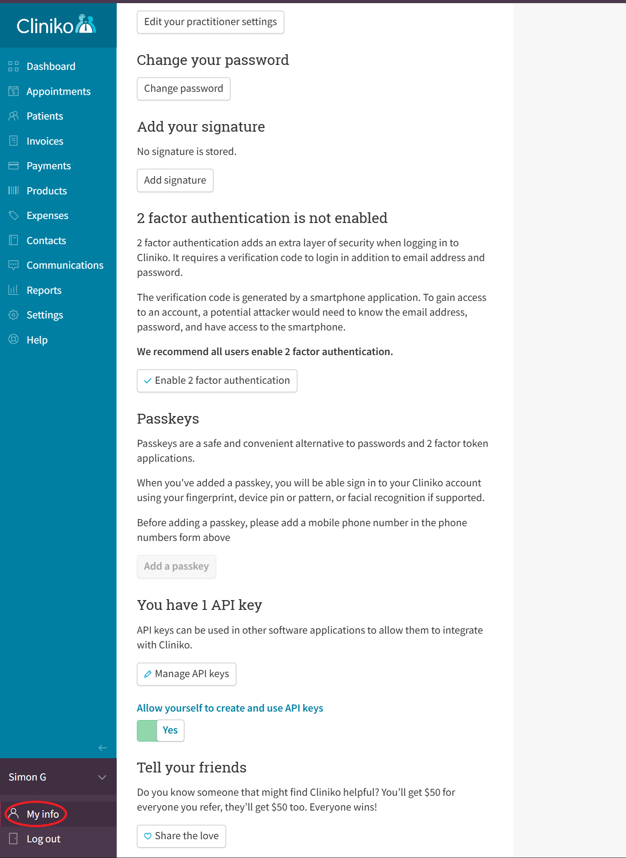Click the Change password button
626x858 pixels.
coord(183,89)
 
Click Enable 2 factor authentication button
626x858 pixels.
coord(217,381)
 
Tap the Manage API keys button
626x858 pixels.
coord(186,674)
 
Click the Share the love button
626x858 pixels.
coord(181,836)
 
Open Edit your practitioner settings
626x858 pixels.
coord(210,22)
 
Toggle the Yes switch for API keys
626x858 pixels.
coord(160,730)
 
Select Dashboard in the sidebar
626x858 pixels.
coord(51,66)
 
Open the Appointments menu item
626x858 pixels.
coord(58,91)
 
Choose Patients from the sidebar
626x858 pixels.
coord(45,116)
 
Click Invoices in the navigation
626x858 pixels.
coord(45,141)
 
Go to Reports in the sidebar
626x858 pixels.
coord(44,290)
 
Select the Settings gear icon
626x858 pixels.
coord(13,315)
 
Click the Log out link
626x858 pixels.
coord(43,839)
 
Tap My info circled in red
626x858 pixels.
coord(43,814)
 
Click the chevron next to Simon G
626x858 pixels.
coord(102,777)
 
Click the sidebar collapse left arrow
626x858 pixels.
coord(103,747)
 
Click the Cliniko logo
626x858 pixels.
coord(56,25)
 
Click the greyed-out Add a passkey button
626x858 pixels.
coord(176,566)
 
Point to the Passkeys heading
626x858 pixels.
coord(168,419)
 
